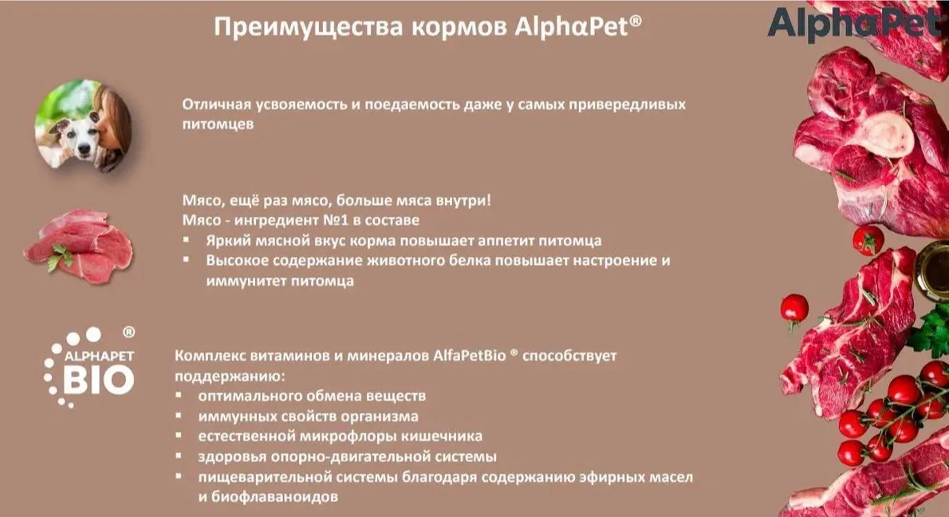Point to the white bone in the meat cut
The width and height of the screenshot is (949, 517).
click(x=888, y=135)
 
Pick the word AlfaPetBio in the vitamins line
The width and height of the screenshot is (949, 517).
click(x=469, y=356)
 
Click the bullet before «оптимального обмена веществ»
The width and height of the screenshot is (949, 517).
click(x=179, y=395)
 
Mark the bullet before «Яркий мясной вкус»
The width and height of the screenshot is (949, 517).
click(x=187, y=239)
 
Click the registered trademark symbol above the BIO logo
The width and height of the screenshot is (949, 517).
click(x=129, y=332)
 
